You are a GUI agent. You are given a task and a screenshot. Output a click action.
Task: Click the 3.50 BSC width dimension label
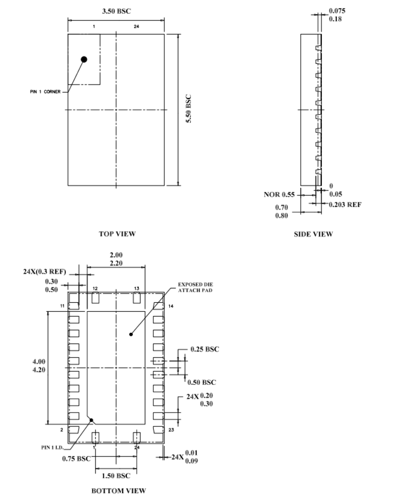point(117,11)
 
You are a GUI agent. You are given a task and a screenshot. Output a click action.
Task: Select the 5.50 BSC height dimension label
point(189,109)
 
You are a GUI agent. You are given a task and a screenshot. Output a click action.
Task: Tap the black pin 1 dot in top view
point(84,59)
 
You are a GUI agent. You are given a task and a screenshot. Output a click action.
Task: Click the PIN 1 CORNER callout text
point(45,92)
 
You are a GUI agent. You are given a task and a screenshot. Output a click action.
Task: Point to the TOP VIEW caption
point(117,234)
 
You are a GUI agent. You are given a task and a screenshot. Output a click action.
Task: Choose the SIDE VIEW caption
point(313,234)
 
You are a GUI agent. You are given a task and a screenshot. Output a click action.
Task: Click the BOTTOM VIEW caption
point(119,491)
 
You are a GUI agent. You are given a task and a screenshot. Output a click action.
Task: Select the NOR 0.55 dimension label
point(279,195)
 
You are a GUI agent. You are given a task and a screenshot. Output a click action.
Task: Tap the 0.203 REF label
point(345,205)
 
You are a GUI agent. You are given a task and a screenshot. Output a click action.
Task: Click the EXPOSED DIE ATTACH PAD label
point(195,287)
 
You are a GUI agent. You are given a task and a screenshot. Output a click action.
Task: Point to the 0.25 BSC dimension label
point(205,349)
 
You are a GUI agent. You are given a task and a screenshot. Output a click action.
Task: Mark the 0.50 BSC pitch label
point(202,382)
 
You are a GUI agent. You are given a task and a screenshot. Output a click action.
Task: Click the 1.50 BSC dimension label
point(116,476)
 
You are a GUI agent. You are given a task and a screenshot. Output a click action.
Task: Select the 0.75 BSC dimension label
point(76,458)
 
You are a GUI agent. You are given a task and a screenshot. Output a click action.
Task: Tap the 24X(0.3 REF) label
point(45,272)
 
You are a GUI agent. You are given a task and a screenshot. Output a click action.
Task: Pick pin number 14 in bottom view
point(171,306)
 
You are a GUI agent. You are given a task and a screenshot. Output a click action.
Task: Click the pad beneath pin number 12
point(95,298)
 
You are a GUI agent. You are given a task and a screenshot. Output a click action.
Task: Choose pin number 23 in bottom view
point(171,430)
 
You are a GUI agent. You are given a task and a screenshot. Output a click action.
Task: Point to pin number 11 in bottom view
point(62,306)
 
